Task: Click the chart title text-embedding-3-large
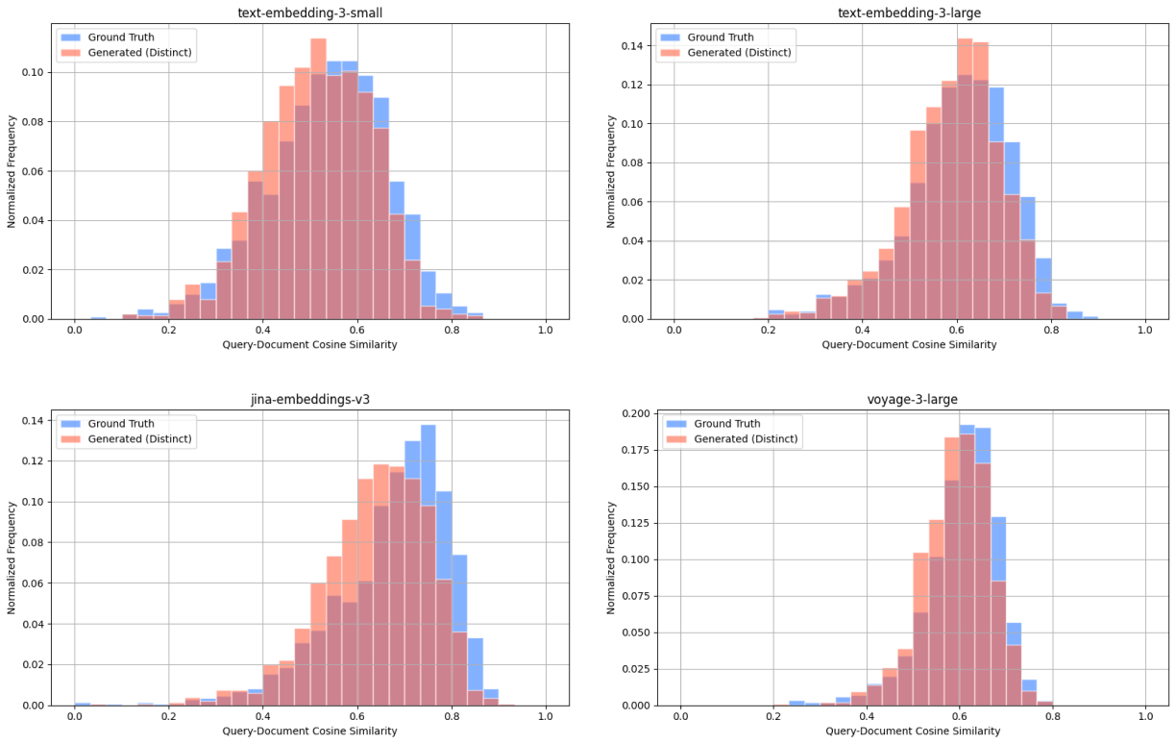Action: pyautogui.click(x=909, y=12)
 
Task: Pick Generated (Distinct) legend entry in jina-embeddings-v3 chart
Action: pyautogui.click(x=139, y=439)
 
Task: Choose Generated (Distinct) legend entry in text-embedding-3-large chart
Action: pyautogui.click(x=739, y=53)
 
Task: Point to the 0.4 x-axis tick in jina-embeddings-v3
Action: pyautogui.click(x=263, y=717)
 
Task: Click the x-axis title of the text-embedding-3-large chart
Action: pyautogui.click(x=909, y=345)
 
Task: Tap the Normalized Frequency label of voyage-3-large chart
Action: pyautogui.click(x=611, y=557)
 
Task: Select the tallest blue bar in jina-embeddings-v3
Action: pyautogui.click(x=429, y=567)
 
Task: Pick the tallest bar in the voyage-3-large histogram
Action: pyautogui.click(x=967, y=567)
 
